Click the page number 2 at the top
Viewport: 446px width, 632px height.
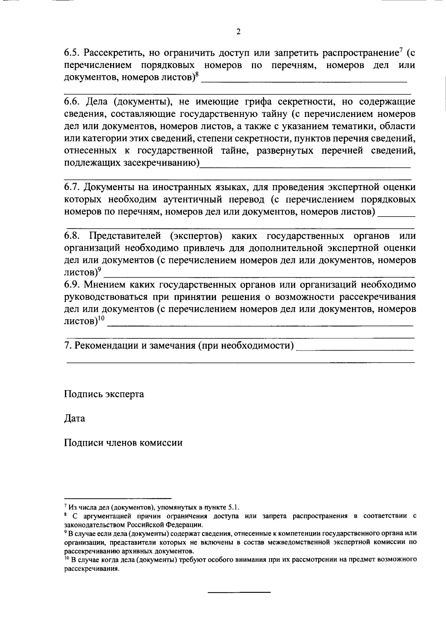pyautogui.click(x=238, y=32)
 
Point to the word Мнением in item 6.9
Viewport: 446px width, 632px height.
pyautogui.click(x=103, y=284)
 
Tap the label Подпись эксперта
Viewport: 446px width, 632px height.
pyautogui.click(x=104, y=394)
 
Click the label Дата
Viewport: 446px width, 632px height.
pyautogui.click(x=74, y=418)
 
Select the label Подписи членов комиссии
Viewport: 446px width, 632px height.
pyautogui.click(x=123, y=443)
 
